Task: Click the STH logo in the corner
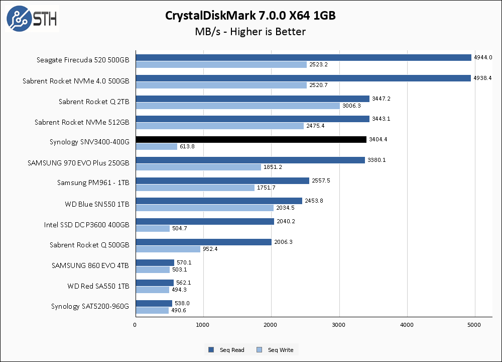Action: tap(32, 19)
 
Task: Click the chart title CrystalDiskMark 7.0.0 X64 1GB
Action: tap(250, 16)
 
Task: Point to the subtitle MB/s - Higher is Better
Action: tap(250, 32)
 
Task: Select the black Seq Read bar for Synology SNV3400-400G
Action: tap(251, 139)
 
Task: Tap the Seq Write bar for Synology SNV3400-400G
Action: tap(156, 147)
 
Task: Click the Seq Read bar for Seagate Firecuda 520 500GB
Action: tap(303, 57)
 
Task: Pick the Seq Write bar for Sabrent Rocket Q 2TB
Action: tap(237, 106)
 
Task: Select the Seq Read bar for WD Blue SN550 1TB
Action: tap(218, 201)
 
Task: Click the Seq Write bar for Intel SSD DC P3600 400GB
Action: tap(153, 229)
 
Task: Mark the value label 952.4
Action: tap(211, 249)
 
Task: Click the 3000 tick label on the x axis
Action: tap(339, 325)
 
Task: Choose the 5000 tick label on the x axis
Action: tap(475, 325)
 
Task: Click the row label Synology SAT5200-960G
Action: tap(90, 306)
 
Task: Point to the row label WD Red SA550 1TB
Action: tap(98, 286)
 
